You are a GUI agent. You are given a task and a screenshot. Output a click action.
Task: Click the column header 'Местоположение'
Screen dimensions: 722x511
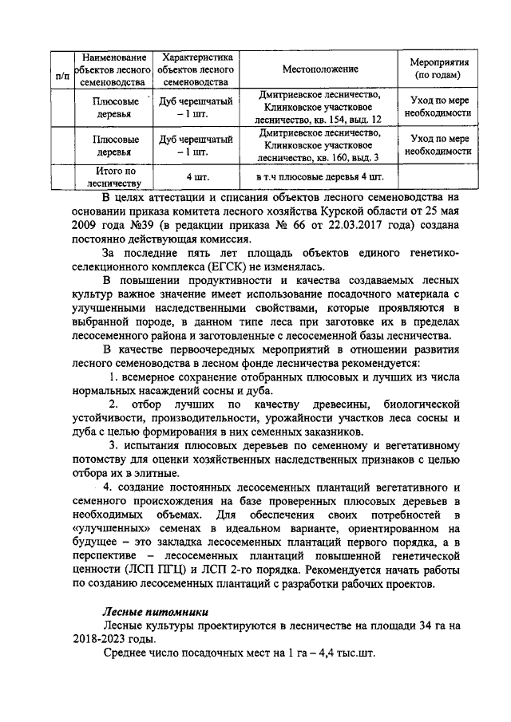[319, 69]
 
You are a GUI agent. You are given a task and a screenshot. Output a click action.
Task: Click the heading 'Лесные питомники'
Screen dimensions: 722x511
[149, 608]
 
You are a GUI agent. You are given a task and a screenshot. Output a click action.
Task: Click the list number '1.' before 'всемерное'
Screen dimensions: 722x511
[114, 377]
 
